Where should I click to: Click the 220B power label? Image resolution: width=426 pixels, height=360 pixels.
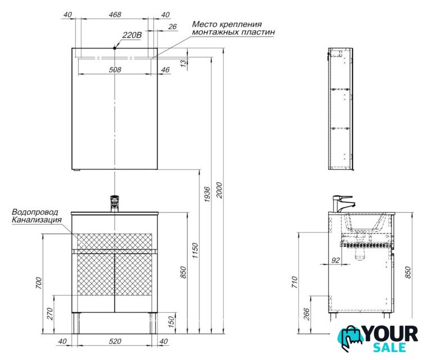(x=132, y=35)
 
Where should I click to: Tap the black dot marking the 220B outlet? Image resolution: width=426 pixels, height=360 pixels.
(x=115, y=48)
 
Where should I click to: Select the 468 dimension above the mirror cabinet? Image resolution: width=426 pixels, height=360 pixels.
(x=115, y=15)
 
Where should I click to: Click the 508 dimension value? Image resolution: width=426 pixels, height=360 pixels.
(x=115, y=70)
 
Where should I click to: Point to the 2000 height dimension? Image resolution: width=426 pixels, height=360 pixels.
(x=219, y=190)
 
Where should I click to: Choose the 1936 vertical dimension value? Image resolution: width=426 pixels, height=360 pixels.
(x=207, y=194)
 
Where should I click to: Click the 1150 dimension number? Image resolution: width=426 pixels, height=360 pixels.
(x=195, y=251)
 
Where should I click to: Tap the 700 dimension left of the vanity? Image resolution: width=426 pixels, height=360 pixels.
(x=39, y=283)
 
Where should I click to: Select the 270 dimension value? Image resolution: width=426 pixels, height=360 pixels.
(x=49, y=314)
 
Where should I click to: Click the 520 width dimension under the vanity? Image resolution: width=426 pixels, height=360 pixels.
(x=115, y=341)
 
